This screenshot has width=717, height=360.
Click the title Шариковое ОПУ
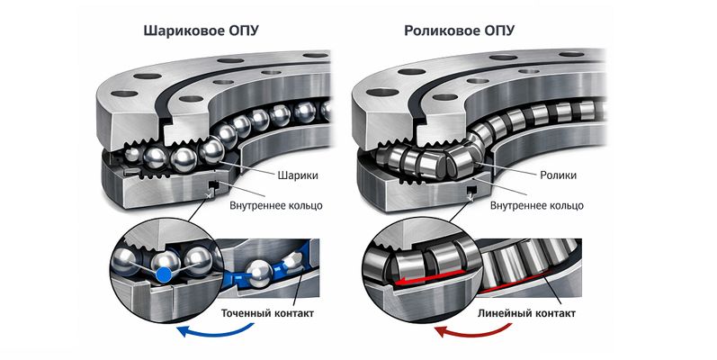[202, 31]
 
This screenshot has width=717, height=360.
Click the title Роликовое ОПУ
[459, 31]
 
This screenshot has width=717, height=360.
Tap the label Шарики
[298, 175]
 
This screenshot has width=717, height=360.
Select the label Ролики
[559, 175]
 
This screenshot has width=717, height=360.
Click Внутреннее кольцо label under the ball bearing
[275, 205]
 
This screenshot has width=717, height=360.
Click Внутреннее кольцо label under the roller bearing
[537, 205]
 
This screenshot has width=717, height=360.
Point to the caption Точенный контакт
[267, 314]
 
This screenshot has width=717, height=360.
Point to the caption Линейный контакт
[526, 314]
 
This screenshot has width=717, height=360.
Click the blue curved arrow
[215, 331]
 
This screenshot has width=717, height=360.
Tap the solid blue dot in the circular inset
[163, 274]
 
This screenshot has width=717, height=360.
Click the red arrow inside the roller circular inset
[430, 277]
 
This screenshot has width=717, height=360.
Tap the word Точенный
[246, 314]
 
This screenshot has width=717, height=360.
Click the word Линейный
[505, 314]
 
